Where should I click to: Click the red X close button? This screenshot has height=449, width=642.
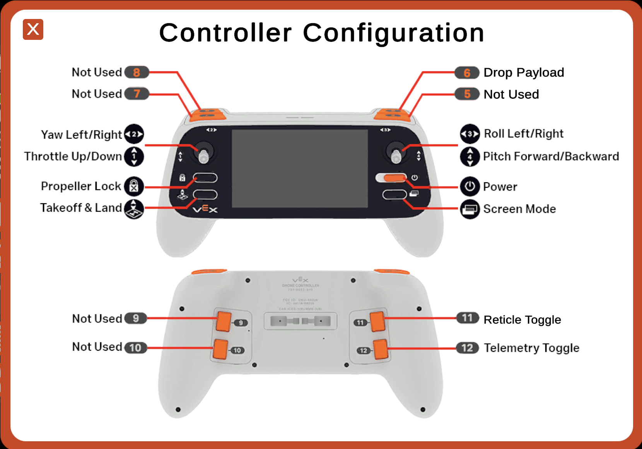pyautogui.click(x=33, y=29)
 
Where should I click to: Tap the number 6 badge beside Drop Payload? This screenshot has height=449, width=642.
pyautogui.click(x=467, y=73)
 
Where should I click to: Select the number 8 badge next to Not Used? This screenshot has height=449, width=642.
pyautogui.click(x=137, y=72)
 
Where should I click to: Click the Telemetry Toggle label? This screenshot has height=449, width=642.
pyautogui.click(x=531, y=348)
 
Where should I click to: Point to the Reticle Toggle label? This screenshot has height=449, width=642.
pyautogui.click(x=522, y=320)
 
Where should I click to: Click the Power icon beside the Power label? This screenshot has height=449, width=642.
pyautogui.click(x=470, y=187)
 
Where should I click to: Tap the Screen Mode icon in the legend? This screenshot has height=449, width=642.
pyautogui.click(x=470, y=209)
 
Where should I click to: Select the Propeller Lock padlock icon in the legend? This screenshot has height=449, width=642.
pyautogui.click(x=134, y=186)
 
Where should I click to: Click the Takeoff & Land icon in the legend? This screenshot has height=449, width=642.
pyautogui.click(x=134, y=209)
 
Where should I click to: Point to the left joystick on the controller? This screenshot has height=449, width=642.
pyautogui.click(x=204, y=153)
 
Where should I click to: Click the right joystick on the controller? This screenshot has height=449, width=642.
pyautogui.click(x=396, y=153)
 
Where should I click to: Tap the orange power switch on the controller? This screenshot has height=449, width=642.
pyautogui.click(x=394, y=178)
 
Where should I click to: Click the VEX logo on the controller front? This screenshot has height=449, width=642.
pyautogui.click(x=205, y=209)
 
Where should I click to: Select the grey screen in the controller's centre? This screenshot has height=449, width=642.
pyautogui.click(x=300, y=168)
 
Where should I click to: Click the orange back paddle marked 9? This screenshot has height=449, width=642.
pyautogui.click(x=223, y=321)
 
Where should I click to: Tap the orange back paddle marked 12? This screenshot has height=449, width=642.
pyautogui.click(x=381, y=349)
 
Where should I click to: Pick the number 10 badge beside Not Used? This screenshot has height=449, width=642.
pyautogui.click(x=135, y=348)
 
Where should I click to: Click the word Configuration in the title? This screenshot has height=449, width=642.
pyautogui.click(x=393, y=33)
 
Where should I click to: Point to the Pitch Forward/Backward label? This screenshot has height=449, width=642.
pyautogui.click(x=551, y=156)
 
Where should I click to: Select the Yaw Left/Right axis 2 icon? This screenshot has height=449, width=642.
pyautogui.click(x=134, y=134)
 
